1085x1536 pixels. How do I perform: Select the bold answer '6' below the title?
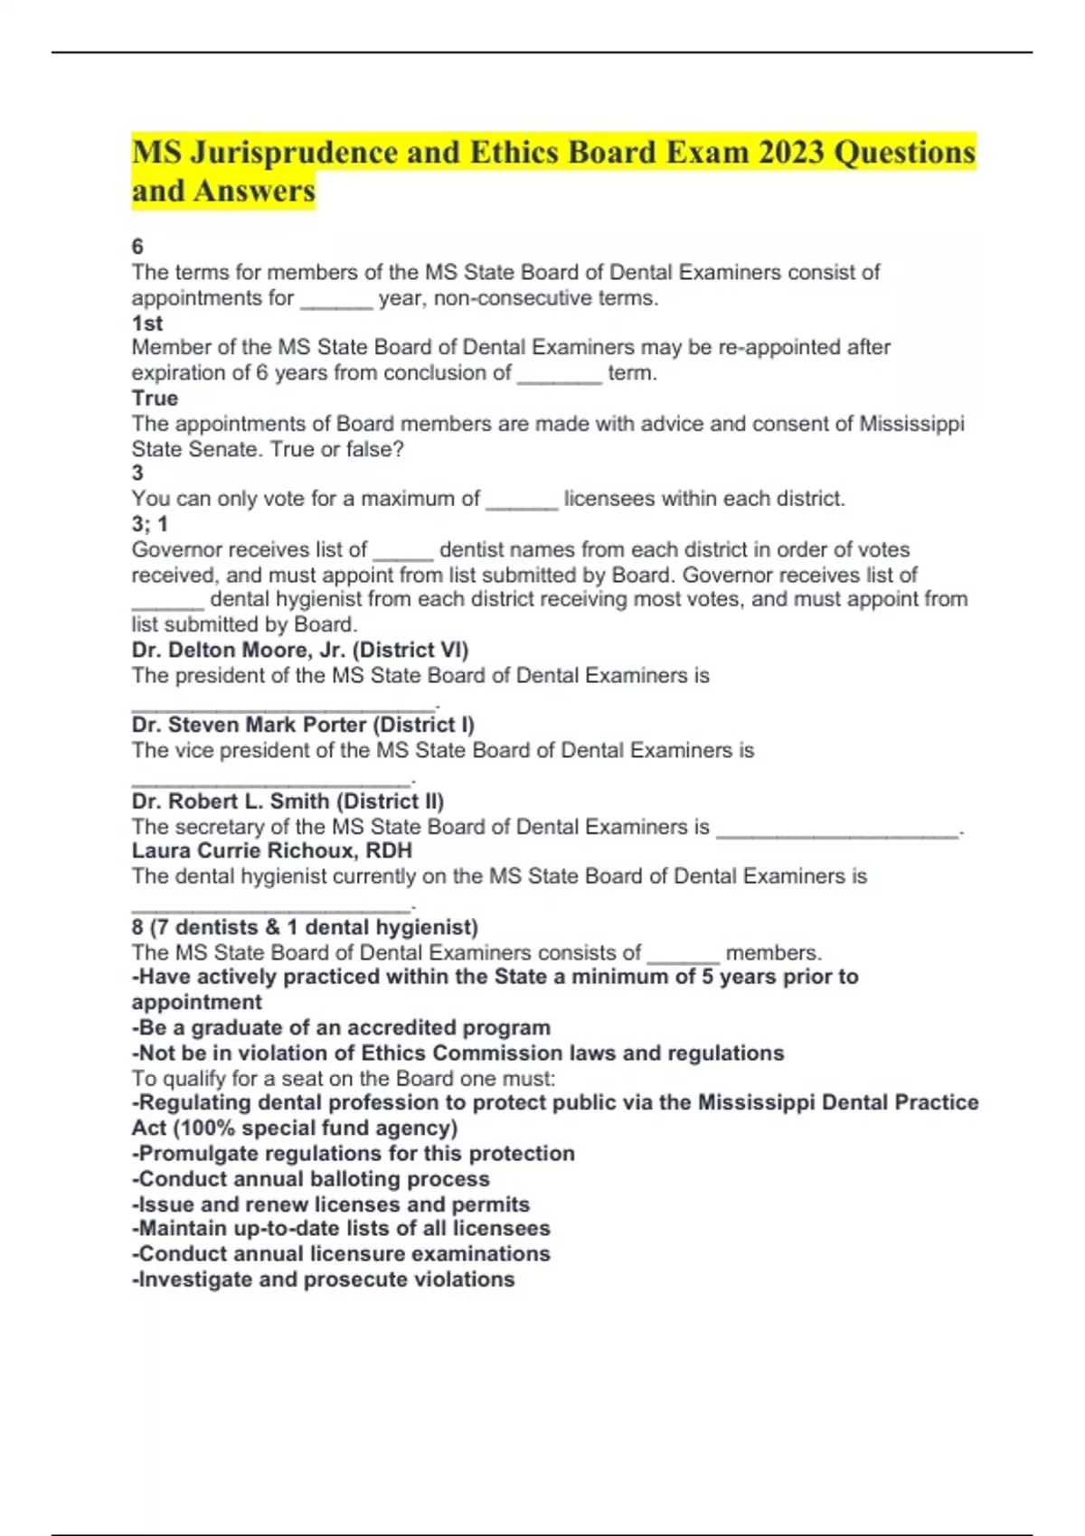pos(137,247)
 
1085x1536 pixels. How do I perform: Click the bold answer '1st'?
pos(147,323)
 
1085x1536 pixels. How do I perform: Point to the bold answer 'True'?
pos(155,398)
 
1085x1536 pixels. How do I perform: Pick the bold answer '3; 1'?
pos(150,524)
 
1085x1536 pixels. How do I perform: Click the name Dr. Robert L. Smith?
pos(230,801)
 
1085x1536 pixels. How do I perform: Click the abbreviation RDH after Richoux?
pos(389,851)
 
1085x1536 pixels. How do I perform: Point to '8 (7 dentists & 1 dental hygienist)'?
pos(305,927)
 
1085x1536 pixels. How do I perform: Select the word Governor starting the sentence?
pos(173,549)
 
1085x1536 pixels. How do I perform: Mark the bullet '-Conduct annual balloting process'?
pos(311,1179)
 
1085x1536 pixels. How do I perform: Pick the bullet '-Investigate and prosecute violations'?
pos(324,1279)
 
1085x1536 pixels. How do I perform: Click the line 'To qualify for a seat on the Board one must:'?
pos(344,1078)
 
